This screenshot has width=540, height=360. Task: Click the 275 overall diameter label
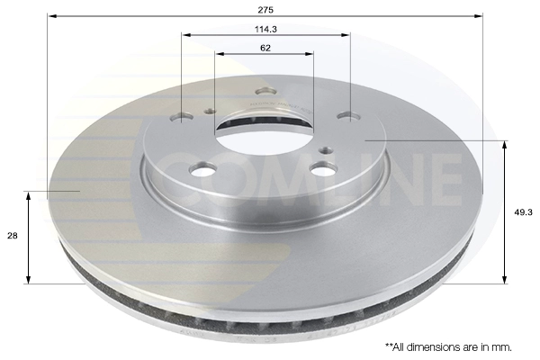pyautogui.click(x=265, y=10)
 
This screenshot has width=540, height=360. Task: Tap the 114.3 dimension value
pyautogui.click(x=265, y=30)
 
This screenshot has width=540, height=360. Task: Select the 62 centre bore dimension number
pyautogui.click(x=265, y=48)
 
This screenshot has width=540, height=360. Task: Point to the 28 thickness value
pyautogui.click(x=12, y=236)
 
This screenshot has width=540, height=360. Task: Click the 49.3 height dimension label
pyautogui.click(x=524, y=212)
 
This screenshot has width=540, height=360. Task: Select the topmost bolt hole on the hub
pyautogui.click(x=265, y=92)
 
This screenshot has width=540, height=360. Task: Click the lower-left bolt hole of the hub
pyautogui.click(x=202, y=169)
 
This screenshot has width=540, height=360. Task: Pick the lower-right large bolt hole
pyautogui.click(x=323, y=168)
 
